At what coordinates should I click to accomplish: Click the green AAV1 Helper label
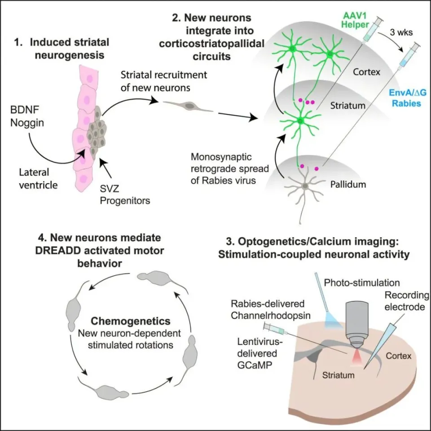[x=355, y=20]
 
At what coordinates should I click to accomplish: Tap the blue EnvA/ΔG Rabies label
[x=407, y=98]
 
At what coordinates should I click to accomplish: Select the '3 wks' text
[x=401, y=32]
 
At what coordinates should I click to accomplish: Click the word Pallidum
[x=348, y=184]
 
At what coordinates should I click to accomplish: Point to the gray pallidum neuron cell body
[x=305, y=186]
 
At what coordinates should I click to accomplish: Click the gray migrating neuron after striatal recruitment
[x=188, y=106]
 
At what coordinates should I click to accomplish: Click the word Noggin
[x=27, y=123]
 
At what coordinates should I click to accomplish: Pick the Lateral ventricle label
[x=38, y=179]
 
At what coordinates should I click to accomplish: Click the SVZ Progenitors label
[x=125, y=194]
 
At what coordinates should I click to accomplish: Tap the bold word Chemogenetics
[x=131, y=321]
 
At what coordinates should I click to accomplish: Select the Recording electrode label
[x=407, y=301]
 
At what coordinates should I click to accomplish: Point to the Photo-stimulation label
[x=362, y=282]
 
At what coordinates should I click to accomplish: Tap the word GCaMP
[x=255, y=365]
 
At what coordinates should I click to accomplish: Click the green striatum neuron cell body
[x=300, y=120]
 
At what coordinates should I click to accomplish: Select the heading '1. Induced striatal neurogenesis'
[x=62, y=48]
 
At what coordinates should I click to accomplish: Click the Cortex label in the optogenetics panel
[x=399, y=356]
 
